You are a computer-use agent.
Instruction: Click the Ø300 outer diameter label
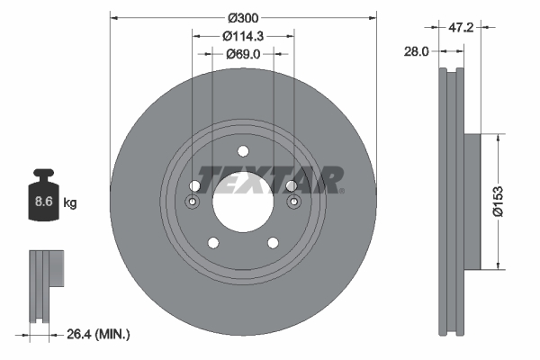242,17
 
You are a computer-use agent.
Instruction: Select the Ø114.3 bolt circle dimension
242,36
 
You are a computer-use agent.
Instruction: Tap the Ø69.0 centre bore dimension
242,54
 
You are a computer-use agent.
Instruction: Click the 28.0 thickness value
415,53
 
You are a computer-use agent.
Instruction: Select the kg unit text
69,203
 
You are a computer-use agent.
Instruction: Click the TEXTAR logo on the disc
270,179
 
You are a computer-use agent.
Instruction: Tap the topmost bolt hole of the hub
242,151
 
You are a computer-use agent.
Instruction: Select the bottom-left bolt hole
212,241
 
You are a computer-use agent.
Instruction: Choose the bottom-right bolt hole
272,241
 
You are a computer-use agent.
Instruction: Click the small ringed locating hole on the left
193,203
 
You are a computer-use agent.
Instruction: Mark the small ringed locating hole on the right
292,203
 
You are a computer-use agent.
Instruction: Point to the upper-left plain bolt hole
195,185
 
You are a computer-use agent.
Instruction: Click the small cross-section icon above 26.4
45,283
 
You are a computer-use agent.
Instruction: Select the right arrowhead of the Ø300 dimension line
371,17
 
